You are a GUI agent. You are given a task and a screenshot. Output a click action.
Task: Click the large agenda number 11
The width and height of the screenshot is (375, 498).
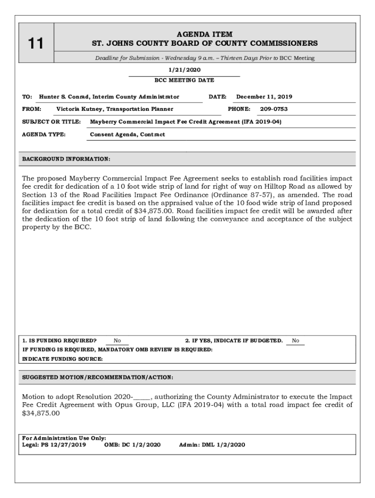point(35,44)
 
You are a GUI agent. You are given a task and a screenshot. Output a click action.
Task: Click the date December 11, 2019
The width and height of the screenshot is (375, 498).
point(264,97)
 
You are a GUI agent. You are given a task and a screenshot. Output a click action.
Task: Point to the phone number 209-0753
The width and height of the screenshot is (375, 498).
point(274,109)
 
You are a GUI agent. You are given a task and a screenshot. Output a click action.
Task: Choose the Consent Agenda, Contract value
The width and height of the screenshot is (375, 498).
point(128,135)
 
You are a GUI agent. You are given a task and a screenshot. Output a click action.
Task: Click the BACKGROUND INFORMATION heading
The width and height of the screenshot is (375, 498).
point(66,159)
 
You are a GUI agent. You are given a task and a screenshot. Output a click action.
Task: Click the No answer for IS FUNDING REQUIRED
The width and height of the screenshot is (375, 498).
point(117,341)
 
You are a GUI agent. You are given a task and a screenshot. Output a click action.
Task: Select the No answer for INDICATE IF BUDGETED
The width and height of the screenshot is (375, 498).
point(296,341)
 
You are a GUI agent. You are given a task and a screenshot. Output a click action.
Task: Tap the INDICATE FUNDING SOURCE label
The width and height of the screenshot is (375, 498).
point(63,359)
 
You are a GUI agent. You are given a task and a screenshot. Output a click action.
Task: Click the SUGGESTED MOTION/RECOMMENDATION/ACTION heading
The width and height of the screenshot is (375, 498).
point(98,377)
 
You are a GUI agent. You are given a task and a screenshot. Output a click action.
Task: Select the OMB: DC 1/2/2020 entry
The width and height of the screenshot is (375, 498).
point(132,445)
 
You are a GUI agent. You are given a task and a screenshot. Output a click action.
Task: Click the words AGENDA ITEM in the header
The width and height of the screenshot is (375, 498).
point(205,35)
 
